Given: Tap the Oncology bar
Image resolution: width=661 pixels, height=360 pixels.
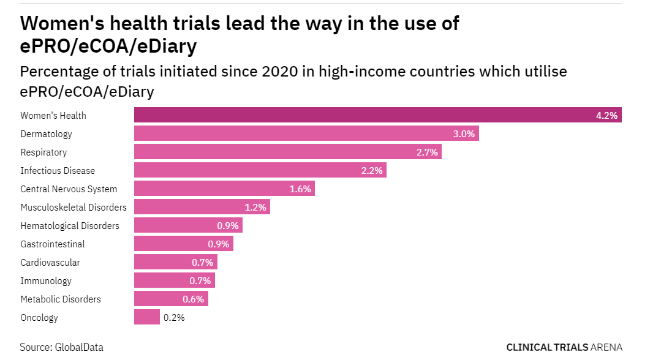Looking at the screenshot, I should click(147, 317).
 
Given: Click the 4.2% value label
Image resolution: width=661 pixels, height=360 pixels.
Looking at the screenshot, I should click(606, 115).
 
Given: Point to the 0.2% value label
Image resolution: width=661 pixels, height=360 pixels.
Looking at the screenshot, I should click(173, 317).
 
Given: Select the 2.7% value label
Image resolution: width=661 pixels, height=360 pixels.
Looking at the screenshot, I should click(427, 152).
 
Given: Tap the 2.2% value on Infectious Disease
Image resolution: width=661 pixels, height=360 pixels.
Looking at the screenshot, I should click(372, 170).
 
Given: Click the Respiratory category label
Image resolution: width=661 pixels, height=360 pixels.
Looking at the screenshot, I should click(43, 152).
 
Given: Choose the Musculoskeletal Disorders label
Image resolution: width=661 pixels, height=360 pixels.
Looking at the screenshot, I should click(74, 207).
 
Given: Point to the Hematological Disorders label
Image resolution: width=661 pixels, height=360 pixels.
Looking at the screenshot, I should click(70, 225).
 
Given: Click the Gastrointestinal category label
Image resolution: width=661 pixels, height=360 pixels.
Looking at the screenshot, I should click(53, 244).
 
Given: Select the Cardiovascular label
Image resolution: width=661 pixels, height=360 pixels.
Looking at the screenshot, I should click(50, 262).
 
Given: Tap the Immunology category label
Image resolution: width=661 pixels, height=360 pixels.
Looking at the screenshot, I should click(46, 280).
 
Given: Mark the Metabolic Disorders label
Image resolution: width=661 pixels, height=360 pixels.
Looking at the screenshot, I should click(61, 299).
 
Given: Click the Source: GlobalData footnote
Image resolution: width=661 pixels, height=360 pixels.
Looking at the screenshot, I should click(61, 347).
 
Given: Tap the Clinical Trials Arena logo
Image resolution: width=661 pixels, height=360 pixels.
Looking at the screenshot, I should click(564, 347).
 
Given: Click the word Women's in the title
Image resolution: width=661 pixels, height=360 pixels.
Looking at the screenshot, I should click(62, 23).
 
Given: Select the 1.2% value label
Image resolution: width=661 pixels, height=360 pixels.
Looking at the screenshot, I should click(255, 207).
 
